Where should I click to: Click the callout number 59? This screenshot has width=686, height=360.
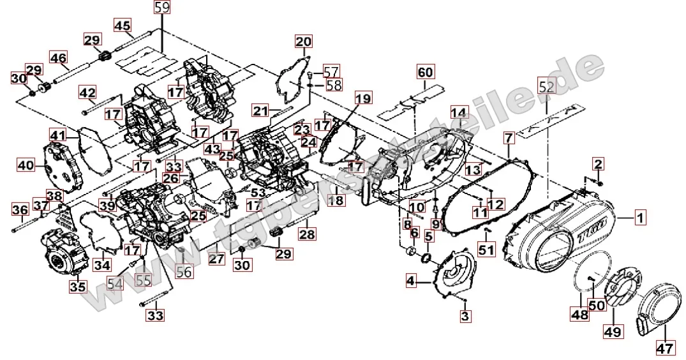[x=163, y=8]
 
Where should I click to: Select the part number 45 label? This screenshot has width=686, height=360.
[x=123, y=26]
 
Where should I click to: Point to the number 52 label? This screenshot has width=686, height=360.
[x=547, y=87]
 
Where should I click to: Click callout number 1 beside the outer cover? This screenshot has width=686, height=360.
[x=640, y=218]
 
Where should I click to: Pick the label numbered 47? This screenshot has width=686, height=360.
[x=664, y=349]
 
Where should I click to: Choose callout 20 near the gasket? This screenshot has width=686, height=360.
[x=303, y=43]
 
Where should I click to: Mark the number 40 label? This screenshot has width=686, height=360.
[x=26, y=165]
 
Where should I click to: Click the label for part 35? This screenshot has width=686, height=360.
[x=78, y=288]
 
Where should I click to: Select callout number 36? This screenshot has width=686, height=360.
[x=20, y=209]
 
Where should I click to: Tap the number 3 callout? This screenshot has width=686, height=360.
[x=465, y=317]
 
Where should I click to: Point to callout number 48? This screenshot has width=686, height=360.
[x=579, y=314]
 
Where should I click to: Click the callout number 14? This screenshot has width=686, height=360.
[x=459, y=113]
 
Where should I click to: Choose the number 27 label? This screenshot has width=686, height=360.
[x=216, y=259]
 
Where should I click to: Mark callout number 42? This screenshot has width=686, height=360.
[x=88, y=93]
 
